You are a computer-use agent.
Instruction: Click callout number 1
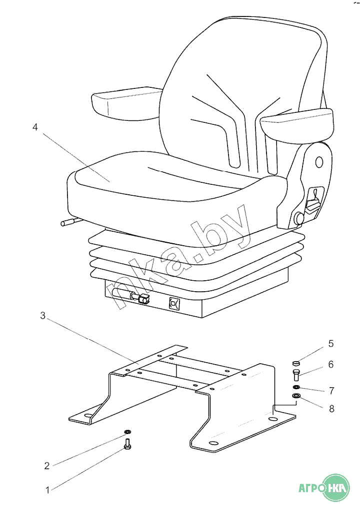47,490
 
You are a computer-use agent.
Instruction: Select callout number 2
47,466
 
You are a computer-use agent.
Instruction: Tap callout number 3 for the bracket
42,316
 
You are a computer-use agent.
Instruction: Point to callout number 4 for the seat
35,127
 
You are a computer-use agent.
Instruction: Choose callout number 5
331,344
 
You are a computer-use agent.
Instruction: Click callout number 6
331,364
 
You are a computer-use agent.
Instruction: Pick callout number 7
331,390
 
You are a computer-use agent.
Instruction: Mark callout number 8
331,409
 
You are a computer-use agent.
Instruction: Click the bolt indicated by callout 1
127,444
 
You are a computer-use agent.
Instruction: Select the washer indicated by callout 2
127,432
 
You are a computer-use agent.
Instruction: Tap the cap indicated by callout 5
295,363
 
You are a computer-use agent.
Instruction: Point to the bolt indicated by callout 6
295,375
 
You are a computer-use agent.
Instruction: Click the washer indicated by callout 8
296,396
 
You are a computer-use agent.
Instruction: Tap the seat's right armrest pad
297,124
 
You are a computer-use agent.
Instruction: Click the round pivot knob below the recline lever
299,218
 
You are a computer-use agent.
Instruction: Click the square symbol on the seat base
173,304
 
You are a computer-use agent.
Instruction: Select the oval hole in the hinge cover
319,162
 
